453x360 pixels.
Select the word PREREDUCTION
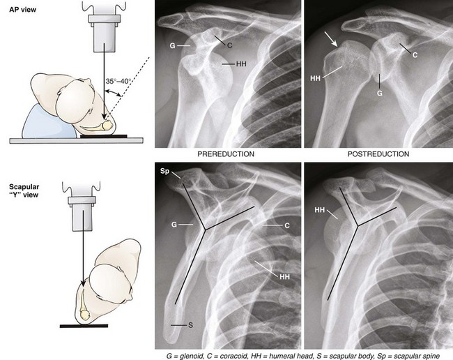pos(227,153)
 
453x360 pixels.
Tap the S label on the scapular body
pos(190,326)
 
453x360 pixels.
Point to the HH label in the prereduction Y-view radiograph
pos(284,277)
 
